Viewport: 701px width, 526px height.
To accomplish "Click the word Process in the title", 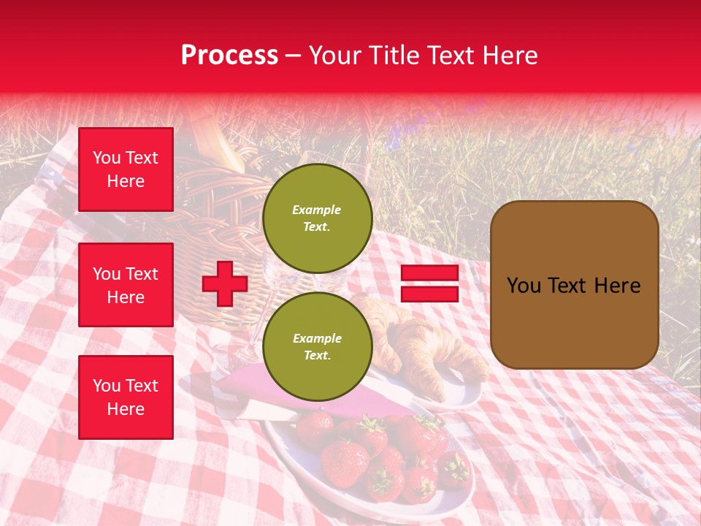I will [x=229, y=56].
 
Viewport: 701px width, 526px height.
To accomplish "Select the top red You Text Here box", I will [x=126, y=169].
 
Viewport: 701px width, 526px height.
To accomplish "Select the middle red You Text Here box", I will [x=126, y=285].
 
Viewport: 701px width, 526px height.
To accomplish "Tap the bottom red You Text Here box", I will [x=126, y=397].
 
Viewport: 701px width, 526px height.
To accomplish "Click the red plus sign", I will [x=224, y=284].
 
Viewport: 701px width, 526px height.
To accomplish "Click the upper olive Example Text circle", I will [x=317, y=218].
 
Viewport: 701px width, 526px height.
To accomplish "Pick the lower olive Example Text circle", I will [x=317, y=346].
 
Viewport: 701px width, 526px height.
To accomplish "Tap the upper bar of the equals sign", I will [x=429, y=273].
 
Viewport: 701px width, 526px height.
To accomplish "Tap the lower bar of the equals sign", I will [x=429, y=294].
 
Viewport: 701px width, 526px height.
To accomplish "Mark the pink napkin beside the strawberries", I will [x=256, y=387].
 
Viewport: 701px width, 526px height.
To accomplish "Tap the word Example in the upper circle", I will [x=316, y=210].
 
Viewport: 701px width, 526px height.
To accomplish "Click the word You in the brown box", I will [x=524, y=286].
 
